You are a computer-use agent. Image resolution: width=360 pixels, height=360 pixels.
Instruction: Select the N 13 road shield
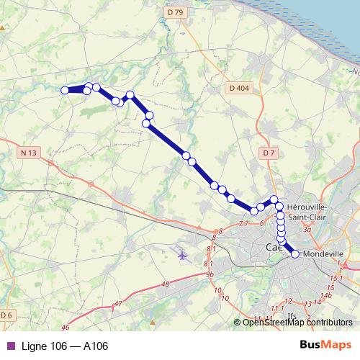[29, 152]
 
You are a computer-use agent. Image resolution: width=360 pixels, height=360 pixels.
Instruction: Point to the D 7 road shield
[269, 153]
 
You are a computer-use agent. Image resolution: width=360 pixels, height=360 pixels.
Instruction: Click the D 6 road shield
[7, 315]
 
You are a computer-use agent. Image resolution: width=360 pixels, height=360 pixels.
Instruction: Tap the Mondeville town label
[321, 253]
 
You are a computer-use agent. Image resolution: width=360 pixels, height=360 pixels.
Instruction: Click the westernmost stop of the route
[65, 90]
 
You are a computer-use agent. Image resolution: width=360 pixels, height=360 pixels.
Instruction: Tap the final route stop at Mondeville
[294, 253]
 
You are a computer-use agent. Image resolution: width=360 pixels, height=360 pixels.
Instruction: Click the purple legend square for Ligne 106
[9, 346]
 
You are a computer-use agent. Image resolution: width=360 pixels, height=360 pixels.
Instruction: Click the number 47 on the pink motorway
[117, 305]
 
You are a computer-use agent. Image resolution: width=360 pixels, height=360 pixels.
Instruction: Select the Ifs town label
[292, 315]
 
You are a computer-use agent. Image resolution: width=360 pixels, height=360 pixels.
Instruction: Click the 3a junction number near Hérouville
[307, 230]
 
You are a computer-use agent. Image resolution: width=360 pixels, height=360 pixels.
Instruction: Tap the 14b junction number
[325, 294]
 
